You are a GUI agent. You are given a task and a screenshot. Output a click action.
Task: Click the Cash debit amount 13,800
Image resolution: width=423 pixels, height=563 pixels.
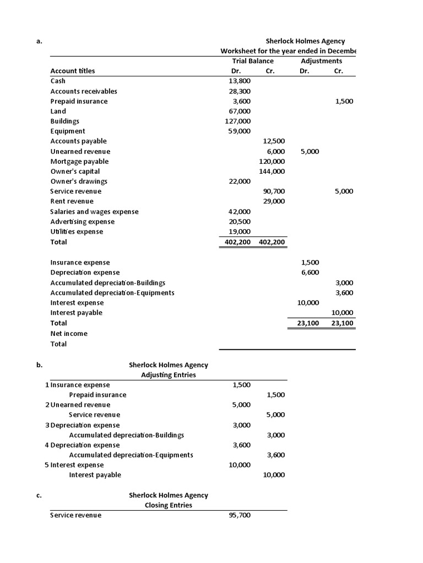(240, 81)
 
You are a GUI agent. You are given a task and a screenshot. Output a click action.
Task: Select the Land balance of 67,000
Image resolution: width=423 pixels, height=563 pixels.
(240, 111)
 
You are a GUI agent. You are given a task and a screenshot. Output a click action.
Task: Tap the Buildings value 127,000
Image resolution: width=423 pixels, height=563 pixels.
(238, 121)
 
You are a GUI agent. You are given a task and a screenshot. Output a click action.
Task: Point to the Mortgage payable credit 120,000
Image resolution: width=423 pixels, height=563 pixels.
(272, 162)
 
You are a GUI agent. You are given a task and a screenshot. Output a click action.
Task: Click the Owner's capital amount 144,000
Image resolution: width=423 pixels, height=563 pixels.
(272, 172)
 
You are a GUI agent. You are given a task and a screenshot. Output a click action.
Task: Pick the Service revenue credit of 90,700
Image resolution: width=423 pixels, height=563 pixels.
(274, 191)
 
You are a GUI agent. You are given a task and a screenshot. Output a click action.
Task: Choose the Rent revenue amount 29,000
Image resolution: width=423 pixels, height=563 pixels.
(274, 201)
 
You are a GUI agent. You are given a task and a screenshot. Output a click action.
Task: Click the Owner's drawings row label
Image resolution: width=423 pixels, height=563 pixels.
(79, 181)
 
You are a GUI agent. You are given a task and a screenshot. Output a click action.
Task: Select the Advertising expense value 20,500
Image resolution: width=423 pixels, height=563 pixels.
(240, 222)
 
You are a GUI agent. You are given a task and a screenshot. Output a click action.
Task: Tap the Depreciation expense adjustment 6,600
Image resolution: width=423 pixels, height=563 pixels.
(310, 273)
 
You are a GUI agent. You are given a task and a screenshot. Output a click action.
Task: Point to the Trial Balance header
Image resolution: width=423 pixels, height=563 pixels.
(253, 61)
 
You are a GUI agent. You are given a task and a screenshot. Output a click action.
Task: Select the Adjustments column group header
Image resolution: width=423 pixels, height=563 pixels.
(322, 61)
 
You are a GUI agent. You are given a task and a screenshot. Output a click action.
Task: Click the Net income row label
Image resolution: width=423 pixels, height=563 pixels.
(69, 333)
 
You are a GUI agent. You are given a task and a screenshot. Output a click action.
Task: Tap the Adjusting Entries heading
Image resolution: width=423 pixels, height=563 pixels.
(169, 375)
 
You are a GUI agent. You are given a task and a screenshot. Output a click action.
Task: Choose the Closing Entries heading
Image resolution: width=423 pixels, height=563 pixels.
(169, 505)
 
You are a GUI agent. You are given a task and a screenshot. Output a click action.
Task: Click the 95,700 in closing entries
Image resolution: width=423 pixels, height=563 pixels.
(240, 515)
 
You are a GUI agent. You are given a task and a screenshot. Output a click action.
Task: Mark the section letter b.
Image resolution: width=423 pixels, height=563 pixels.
(39, 365)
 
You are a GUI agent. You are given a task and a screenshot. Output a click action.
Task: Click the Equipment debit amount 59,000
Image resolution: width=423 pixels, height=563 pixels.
(240, 131)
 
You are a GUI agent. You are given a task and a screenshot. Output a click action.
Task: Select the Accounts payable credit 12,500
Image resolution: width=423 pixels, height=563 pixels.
(274, 141)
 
